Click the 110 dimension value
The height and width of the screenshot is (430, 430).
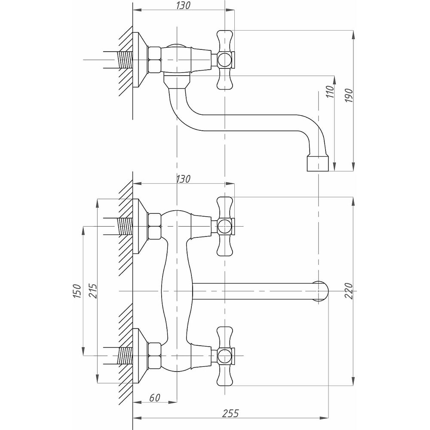click(330, 91)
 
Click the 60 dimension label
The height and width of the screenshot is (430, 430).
click(155, 398)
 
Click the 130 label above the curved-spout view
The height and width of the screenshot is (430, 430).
click(183, 5)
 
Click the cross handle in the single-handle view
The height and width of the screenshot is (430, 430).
click(225, 59)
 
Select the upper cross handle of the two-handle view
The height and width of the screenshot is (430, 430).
click(225, 226)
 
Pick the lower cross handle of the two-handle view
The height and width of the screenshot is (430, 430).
click(225, 356)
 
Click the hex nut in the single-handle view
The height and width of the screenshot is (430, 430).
click(154, 59)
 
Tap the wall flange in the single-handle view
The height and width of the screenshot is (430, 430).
click(139, 59)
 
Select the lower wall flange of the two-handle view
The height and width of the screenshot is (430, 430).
click(139, 356)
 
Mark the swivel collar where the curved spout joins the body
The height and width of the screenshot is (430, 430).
click(177, 81)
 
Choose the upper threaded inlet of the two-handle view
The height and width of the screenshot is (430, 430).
click(124, 226)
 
